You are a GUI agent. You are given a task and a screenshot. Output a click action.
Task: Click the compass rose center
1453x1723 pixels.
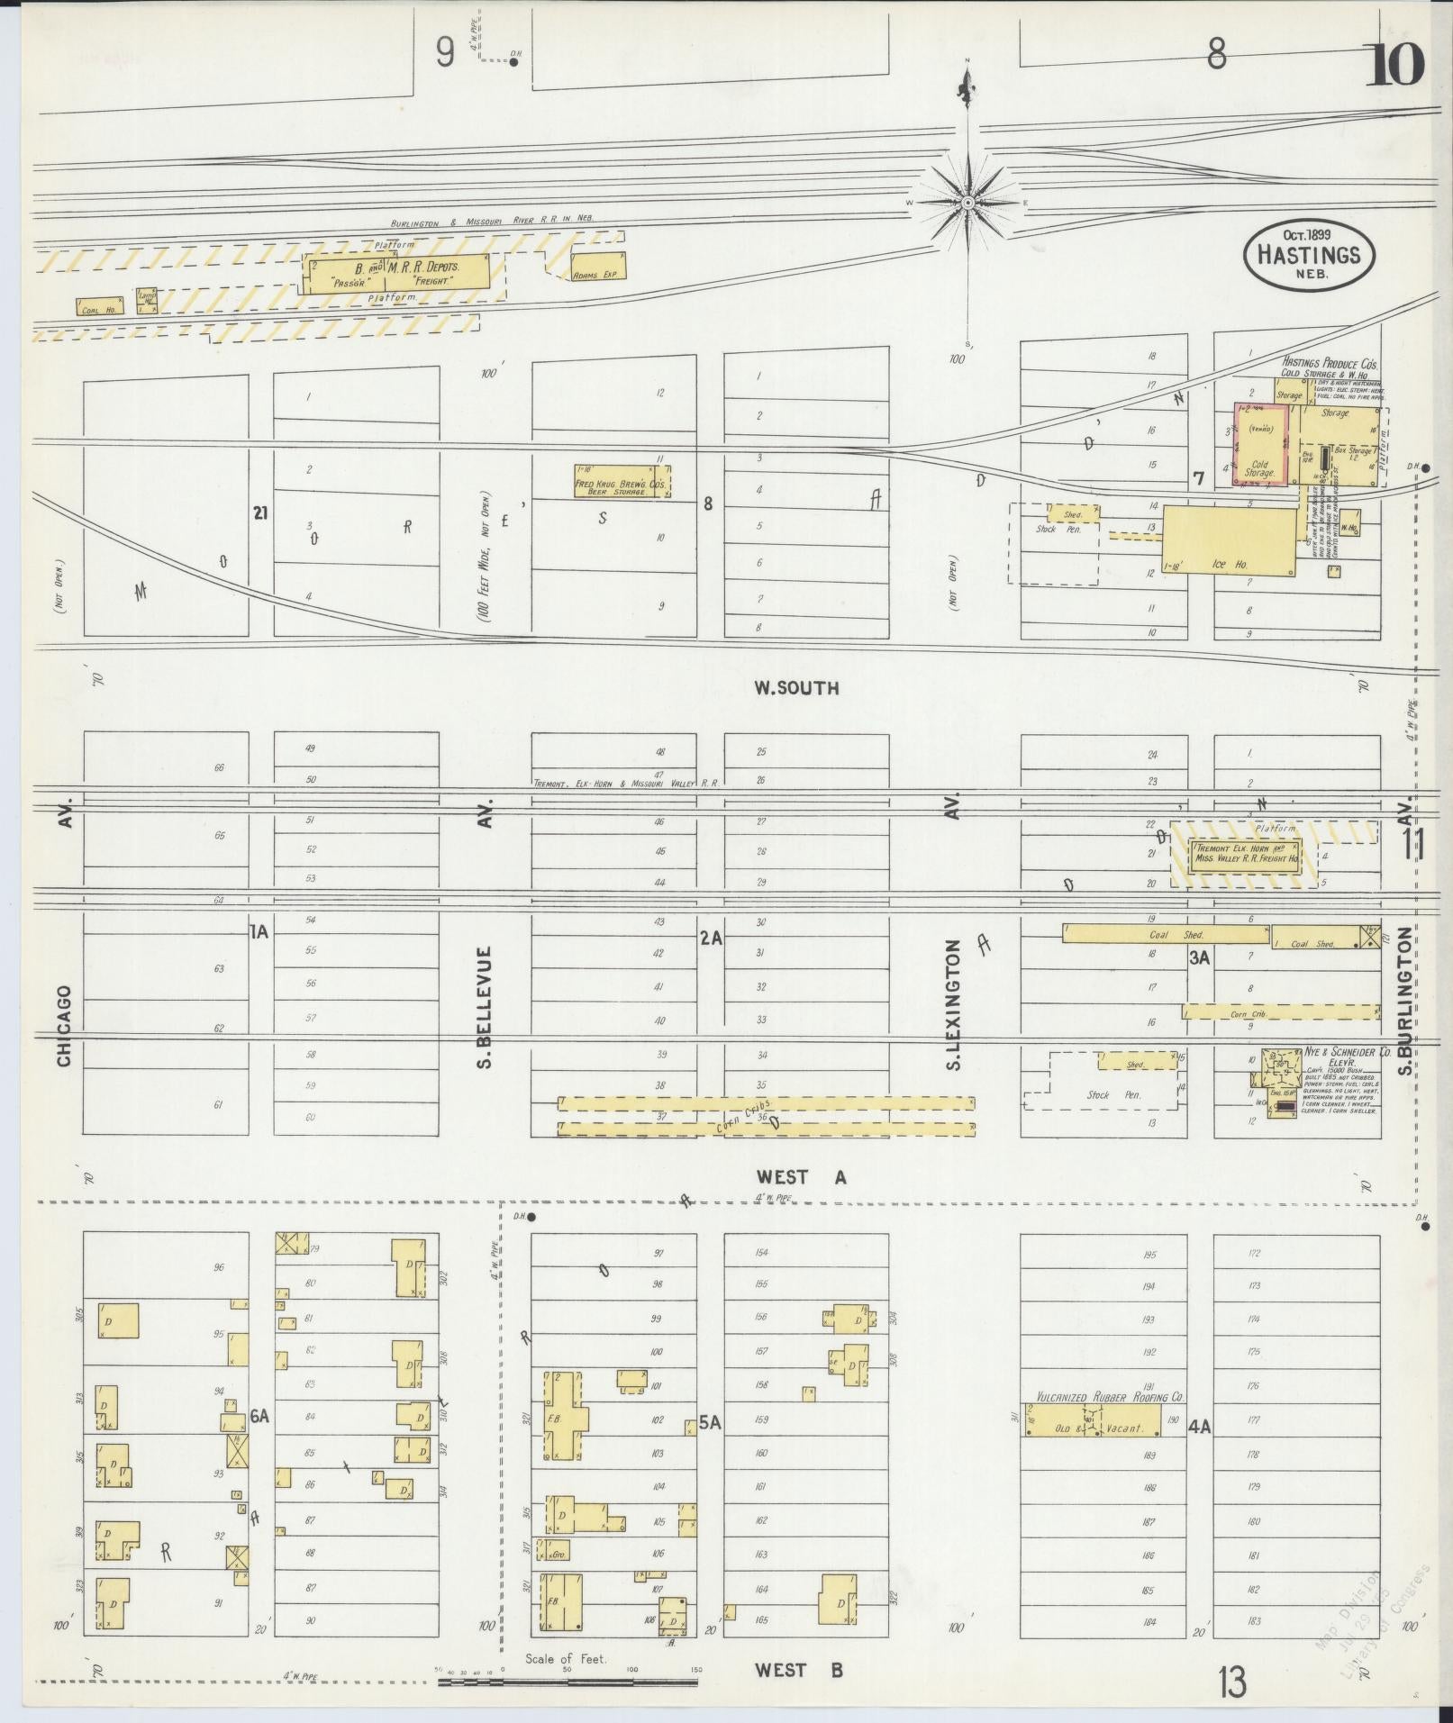click(967, 203)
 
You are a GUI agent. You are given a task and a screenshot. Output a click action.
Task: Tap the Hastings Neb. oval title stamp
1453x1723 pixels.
click(1308, 256)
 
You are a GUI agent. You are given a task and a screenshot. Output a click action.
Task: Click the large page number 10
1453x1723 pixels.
click(1395, 63)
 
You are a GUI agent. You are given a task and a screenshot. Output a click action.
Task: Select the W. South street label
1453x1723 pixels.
click(796, 688)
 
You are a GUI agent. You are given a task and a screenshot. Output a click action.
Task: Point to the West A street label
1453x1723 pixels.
click(801, 1177)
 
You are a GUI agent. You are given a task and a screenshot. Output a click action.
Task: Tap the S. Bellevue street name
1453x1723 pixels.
click(485, 1007)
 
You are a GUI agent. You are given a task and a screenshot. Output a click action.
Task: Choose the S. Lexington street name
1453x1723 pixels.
click(955, 1004)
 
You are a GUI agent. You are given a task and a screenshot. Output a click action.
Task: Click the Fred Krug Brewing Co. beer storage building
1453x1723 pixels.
click(621, 480)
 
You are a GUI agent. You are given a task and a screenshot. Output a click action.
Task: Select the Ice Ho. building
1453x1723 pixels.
click(1229, 540)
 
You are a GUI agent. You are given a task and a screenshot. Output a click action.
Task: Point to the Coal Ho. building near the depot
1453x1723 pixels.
click(98, 307)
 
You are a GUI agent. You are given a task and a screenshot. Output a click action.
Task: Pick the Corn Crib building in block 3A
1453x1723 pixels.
click(1280, 1011)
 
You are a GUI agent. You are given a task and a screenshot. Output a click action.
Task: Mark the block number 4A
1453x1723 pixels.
click(1199, 1426)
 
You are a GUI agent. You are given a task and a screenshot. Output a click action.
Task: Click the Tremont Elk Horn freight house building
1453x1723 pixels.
click(1246, 854)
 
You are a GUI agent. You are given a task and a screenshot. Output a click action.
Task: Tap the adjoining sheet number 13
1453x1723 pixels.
click(1232, 1681)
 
